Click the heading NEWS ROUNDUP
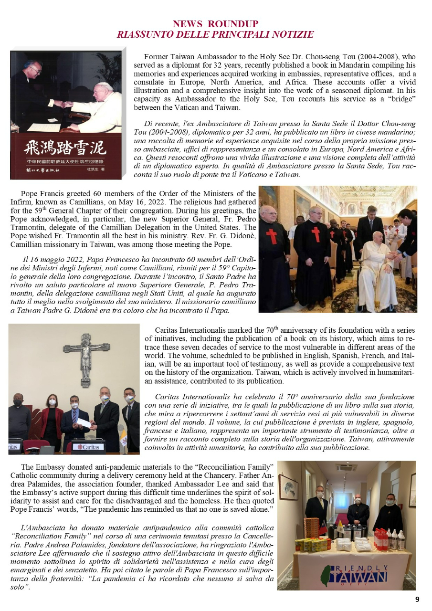[215, 24]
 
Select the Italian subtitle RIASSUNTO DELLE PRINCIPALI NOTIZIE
[215, 34]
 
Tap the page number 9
[417, 600]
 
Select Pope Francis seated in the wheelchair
[377, 267]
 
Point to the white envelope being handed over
[84, 423]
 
